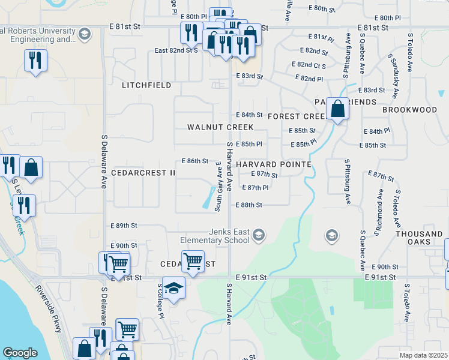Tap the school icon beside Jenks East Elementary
(x=259, y=234)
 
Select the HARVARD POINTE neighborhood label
(x=273, y=164)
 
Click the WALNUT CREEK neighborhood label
(x=220, y=127)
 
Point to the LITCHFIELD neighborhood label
(x=146, y=85)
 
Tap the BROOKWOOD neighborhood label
(x=410, y=110)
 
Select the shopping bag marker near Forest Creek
(x=338, y=109)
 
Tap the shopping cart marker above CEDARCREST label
(x=193, y=261)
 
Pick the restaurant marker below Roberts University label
(x=35, y=60)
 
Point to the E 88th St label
(x=252, y=205)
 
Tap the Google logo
(x=20, y=353)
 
